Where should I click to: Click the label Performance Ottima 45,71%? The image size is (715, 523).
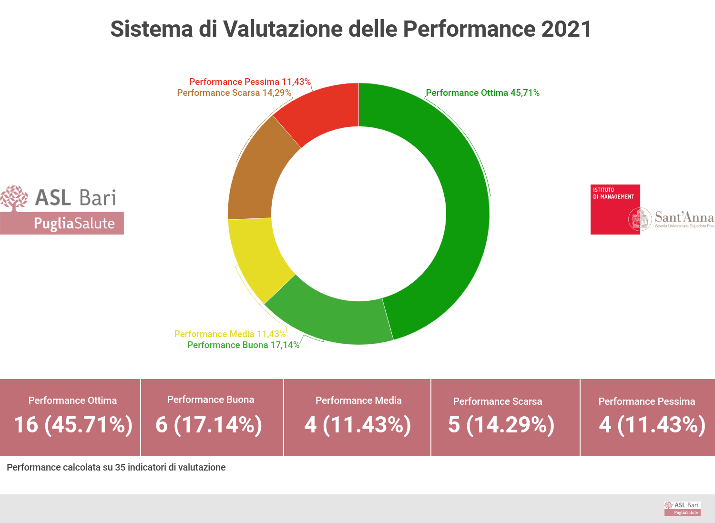tap(482, 93)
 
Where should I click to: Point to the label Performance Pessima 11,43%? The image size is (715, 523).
tap(250, 82)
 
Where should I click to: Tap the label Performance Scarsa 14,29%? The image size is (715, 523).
tap(234, 93)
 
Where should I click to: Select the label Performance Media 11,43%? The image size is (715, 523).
tap(230, 334)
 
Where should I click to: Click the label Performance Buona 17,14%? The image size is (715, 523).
tap(243, 345)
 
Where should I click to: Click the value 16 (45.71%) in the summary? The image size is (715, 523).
tap(73, 424)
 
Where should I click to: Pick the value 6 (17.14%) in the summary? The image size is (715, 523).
tap(209, 424)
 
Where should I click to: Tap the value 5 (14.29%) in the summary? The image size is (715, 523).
tap(501, 424)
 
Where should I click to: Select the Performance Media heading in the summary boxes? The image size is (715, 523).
tap(358, 400)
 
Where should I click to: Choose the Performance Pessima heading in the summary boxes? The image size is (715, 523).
tap(646, 401)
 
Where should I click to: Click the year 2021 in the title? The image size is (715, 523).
tap(566, 29)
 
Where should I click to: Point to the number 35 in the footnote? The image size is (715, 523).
tap(120, 468)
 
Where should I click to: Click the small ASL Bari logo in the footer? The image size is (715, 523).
tap(682, 508)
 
